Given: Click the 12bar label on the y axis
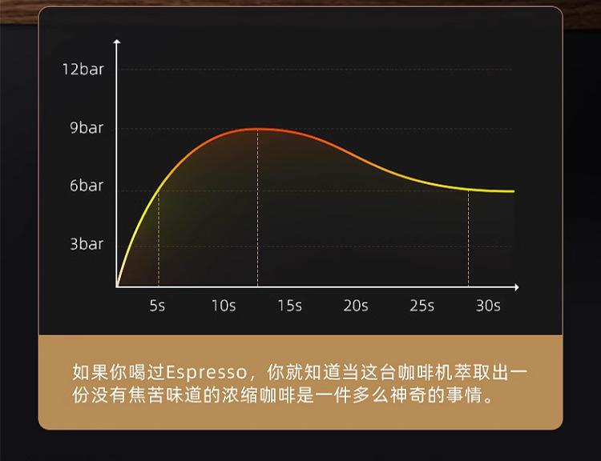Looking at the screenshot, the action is point(83,70).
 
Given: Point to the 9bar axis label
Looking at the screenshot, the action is point(87,127).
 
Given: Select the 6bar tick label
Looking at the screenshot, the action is point(87,186).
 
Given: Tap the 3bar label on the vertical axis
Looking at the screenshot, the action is point(87,244).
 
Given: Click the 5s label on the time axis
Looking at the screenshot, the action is point(157,306).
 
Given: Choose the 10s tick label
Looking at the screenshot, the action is point(224,306).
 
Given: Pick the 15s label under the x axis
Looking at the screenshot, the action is point(290,306).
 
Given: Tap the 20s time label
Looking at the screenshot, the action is point(356,306).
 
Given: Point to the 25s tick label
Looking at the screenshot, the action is point(422,306).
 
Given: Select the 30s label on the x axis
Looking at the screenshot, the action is point(488,306).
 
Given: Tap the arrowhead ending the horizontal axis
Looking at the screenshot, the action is point(518,287).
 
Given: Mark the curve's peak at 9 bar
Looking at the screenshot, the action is point(257,129).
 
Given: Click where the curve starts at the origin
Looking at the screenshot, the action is point(117,286).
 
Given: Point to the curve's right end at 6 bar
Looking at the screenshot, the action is point(514,191).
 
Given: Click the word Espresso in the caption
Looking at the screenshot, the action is point(207,372).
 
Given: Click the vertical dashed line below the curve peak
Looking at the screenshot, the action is point(257,207).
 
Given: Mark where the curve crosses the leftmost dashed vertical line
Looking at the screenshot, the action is point(159,190).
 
